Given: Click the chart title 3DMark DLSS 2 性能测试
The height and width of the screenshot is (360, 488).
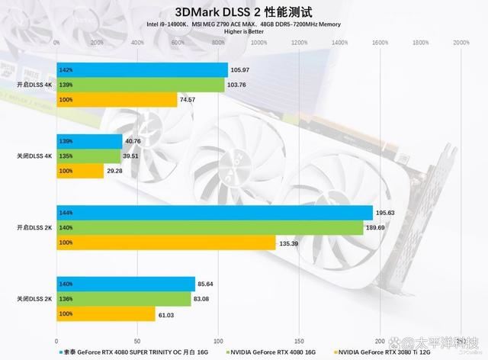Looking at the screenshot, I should click(243, 11).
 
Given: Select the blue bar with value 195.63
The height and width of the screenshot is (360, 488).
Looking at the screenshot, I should click(214, 214).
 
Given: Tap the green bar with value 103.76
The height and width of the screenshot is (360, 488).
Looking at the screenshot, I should click(140, 85).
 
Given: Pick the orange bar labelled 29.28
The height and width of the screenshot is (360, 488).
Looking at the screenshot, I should click(80, 171).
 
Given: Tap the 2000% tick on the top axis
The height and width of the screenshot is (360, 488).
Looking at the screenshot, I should click(461, 43).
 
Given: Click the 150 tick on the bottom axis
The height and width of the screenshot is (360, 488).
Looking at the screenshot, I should click(299, 340).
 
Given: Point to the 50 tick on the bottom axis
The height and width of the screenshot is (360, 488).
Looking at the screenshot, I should click(137, 340).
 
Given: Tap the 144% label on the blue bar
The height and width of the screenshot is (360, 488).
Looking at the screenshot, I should click(65, 214).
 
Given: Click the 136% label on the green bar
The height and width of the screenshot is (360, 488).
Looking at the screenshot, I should click(65, 299).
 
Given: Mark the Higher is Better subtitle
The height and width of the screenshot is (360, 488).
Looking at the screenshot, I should click(243, 32).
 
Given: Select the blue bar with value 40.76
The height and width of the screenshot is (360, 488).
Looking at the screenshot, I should click(89, 142).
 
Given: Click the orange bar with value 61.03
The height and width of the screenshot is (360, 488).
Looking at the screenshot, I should click(105, 313).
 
